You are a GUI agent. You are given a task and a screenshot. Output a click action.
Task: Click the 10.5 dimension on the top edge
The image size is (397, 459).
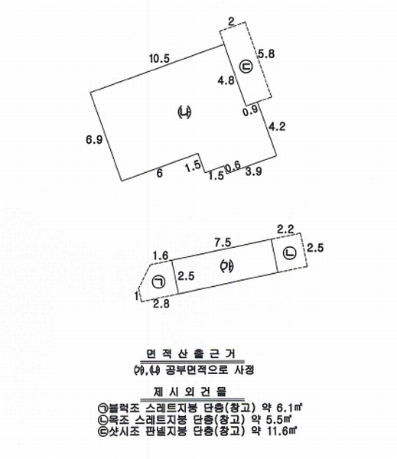(x=160, y=59)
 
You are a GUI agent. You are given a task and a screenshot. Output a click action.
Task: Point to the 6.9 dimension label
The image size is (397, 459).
(x=94, y=140)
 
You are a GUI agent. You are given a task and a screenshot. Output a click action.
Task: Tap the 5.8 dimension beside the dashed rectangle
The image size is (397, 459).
(x=266, y=54)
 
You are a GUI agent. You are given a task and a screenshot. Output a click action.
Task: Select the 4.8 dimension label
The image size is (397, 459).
(x=226, y=80)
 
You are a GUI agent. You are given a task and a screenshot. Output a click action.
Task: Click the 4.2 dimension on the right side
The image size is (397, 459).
(x=277, y=126)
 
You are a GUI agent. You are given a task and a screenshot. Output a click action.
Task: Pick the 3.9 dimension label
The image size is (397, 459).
(x=253, y=171)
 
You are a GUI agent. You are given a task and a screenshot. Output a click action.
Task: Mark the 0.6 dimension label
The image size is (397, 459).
(x=233, y=167)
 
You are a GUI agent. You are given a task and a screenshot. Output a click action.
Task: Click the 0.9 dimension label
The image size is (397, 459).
(x=251, y=109)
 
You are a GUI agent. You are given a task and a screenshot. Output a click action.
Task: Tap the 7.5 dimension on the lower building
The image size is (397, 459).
(x=223, y=242)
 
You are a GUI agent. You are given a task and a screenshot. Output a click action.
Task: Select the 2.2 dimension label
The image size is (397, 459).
(x=285, y=229)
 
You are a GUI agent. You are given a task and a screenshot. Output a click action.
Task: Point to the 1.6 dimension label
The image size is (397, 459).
(x=161, y=256)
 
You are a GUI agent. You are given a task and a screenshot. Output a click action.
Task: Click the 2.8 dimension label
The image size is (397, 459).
(x=161, y=304)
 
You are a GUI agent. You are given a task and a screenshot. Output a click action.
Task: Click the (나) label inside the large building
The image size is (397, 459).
(x=184, y=112)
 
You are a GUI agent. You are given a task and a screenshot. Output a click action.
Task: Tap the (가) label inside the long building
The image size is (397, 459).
(x=227, y=266)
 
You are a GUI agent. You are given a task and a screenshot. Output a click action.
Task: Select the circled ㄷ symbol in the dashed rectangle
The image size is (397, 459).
(x=246, y=67)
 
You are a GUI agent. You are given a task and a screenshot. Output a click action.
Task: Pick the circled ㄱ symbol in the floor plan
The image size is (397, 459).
(x=158, y=282)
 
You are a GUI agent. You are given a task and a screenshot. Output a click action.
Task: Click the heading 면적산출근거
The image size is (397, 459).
(x=191, y=354)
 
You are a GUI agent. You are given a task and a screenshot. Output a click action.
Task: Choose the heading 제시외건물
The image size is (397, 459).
(x=190, y=392)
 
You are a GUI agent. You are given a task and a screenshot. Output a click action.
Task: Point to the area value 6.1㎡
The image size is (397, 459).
(x=289, y=407)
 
